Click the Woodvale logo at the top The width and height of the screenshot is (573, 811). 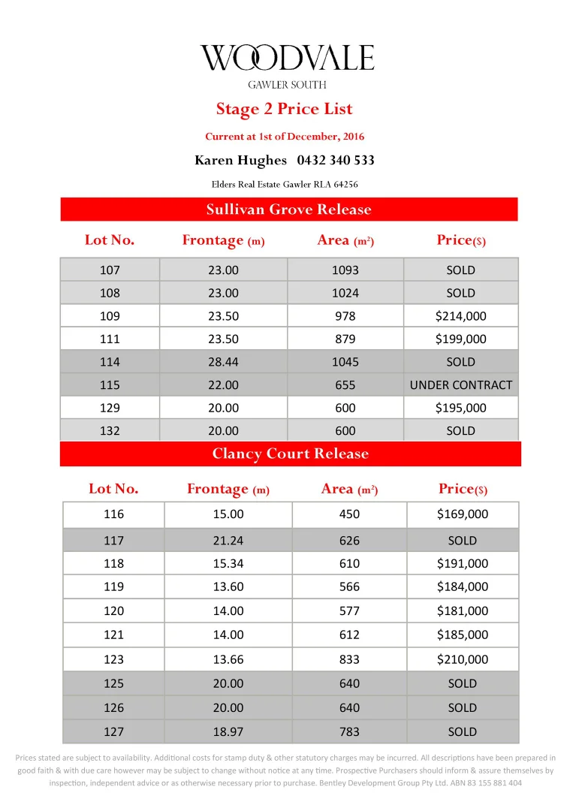[x=286, y=58]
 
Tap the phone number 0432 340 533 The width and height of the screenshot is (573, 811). [x=336, y=160]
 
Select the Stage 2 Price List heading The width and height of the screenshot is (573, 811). [x=284, y=109]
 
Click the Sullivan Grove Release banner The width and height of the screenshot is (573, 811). [x=288, y=209]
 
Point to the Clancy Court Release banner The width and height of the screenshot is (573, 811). [x=290, y=454]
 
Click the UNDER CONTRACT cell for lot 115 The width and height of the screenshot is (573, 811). [x=461, y=384]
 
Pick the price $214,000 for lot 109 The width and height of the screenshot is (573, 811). [x=461, y=316]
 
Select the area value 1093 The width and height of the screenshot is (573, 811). [x=346, y=270]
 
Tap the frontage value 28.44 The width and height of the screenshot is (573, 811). [x=224, y=362]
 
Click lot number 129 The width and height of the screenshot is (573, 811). [x=110, y=408]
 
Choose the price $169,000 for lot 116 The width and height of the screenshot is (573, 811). [x=463, y=514]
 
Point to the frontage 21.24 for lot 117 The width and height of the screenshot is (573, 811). [x=228, y=540]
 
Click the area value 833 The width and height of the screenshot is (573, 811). [x=349, y=659]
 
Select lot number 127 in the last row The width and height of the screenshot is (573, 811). [x=113, y=731]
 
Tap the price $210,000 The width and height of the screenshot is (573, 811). [x=463, y=659]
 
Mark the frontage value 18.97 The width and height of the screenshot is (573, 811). [x=228, y=731]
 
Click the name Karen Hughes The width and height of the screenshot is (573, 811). [x=240, y=160]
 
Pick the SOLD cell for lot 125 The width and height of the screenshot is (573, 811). [x=463, y=683]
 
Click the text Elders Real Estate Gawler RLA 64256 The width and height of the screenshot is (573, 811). [x=284, y=184]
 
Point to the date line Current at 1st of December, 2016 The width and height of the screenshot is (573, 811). [x=285, y=137]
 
